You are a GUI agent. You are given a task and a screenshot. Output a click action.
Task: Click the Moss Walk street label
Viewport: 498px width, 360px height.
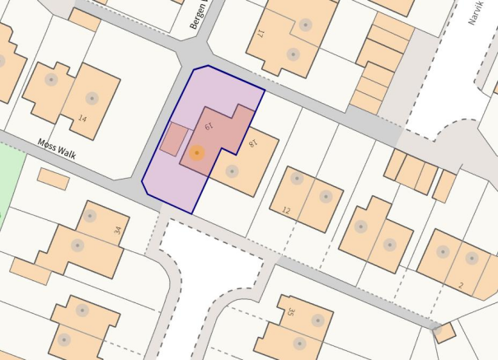tap(57, 147)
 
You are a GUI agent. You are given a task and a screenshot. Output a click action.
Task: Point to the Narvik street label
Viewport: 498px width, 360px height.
tap(476, 12)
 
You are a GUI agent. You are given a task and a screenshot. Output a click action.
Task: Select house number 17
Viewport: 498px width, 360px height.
tap(260, 35)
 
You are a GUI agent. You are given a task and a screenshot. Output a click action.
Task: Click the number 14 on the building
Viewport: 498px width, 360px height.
tap(82, 119)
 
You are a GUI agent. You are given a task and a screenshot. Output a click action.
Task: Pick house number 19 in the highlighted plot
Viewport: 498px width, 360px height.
tap(209, 127)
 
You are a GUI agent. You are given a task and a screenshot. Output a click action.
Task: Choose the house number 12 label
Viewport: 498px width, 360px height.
tap(285, 211)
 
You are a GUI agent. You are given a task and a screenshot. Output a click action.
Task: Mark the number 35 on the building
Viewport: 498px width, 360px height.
tap(291, 312)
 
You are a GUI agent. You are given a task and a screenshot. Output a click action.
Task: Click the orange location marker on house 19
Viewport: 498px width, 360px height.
tap(196, 153)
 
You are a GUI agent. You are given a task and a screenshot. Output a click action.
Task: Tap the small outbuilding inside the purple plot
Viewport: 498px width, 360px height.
tap(172, 139)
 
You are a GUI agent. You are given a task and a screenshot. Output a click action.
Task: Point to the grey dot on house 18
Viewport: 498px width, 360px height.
tap(233, 171)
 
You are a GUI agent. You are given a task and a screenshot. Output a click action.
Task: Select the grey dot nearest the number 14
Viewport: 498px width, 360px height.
tap(92, 98)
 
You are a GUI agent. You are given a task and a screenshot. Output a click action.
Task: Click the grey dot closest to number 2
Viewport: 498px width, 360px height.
tap(472, 258)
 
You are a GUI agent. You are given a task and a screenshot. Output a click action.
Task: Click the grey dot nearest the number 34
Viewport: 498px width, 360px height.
tap(89, 217)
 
